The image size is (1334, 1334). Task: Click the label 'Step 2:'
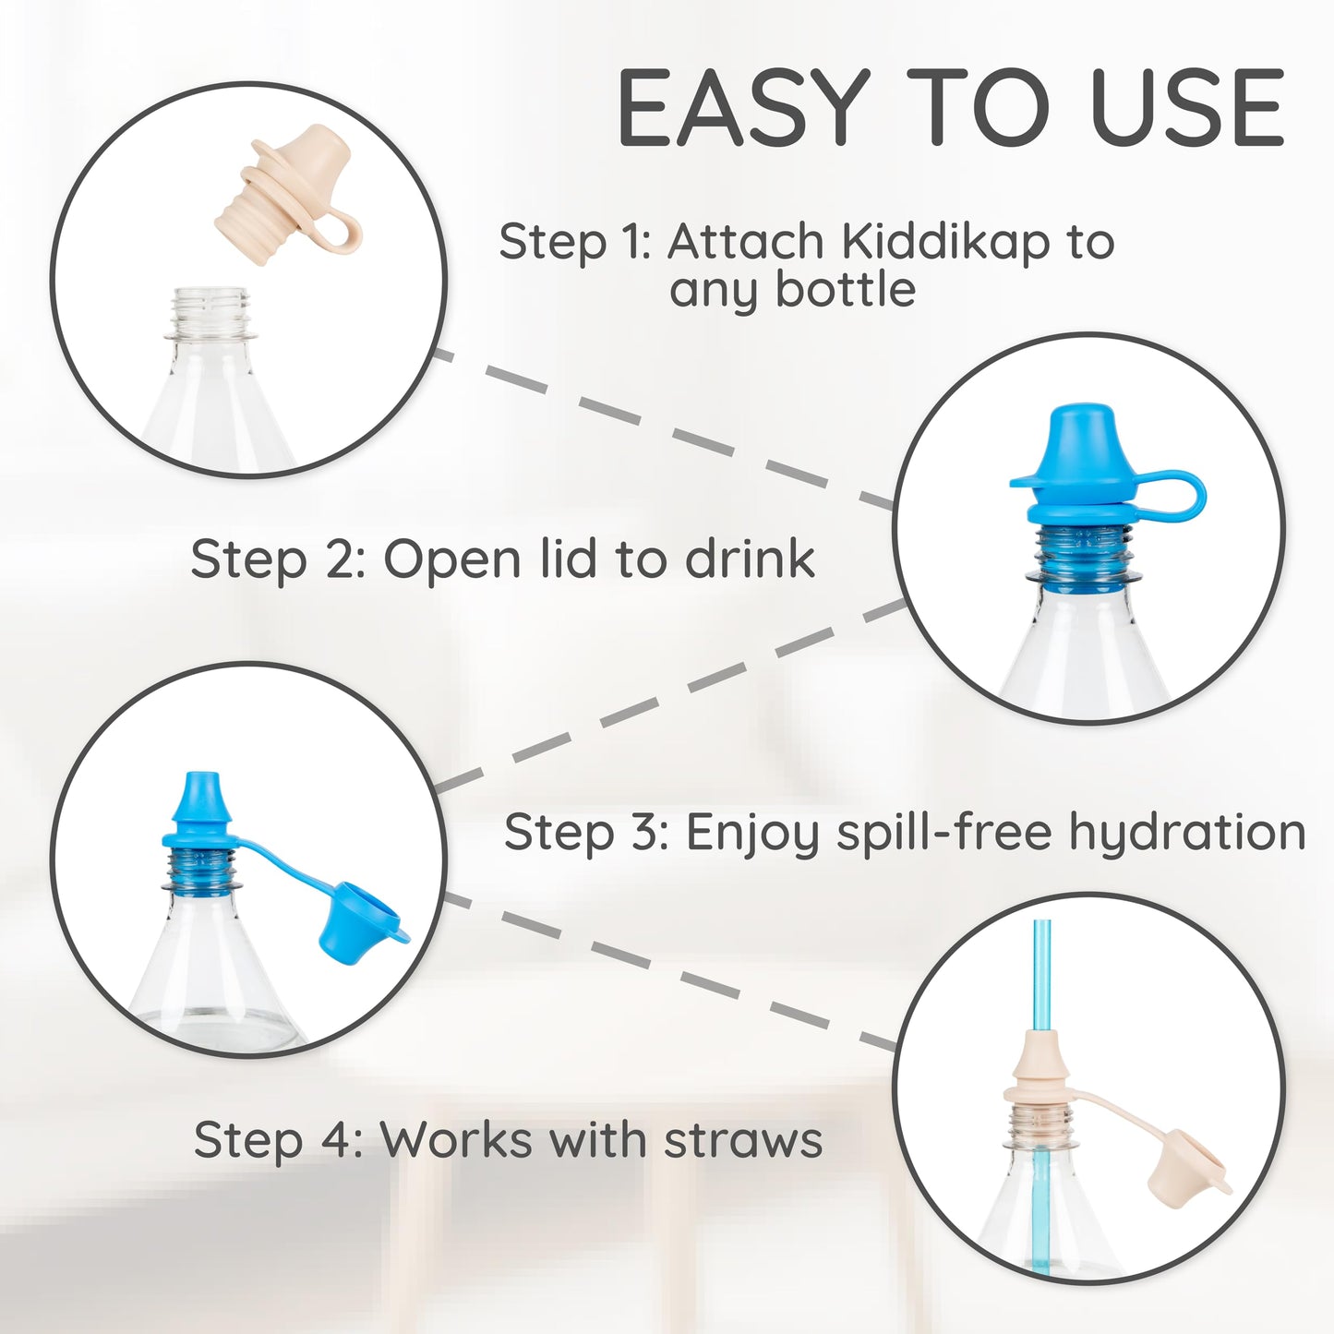[x=278, y=559]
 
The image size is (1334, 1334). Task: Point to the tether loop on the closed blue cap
[x=1170, y=499]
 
